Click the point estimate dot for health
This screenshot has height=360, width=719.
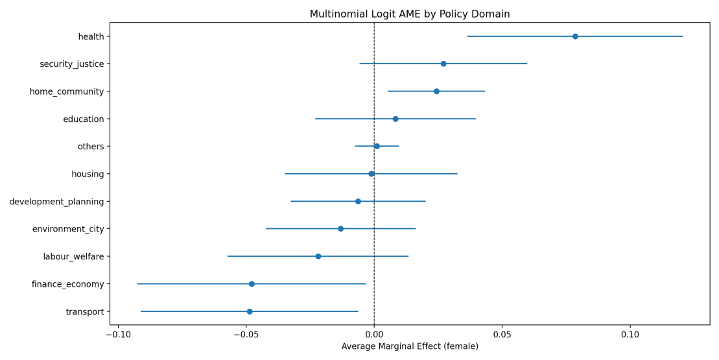[x=575, y=36]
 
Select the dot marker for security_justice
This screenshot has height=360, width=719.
[x=443, y=64]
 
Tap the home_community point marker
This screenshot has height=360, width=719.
[x=436, y=91]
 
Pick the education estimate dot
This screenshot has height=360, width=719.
[x=395, y=119]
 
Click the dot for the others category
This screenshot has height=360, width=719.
[x=377, y=147]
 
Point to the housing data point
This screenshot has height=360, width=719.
[x=371, y=174]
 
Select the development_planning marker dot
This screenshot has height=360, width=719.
[x=358, y=201]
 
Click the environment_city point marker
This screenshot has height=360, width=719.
[x=340, y=229]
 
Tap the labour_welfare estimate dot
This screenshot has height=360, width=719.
[x=318, y=256]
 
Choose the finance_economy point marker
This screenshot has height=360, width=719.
[x=252, y=284]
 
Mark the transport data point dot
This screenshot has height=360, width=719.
[x=250, y=311]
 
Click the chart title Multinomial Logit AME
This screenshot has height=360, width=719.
[x=409, y=14]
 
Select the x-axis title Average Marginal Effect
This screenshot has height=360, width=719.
[x=409, y=346]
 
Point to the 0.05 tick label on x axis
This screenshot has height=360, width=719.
[x=502, y=335]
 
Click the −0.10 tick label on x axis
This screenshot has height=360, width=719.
[x=117, y=335]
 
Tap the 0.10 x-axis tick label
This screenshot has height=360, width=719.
[x=630, y=335]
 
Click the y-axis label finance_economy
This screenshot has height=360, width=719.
[x=67, y=284]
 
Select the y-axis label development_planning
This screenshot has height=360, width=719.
[x=56, y=202]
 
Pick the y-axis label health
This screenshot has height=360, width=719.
[x=91, y=37]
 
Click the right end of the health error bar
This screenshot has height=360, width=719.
[x=682, y=36]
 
